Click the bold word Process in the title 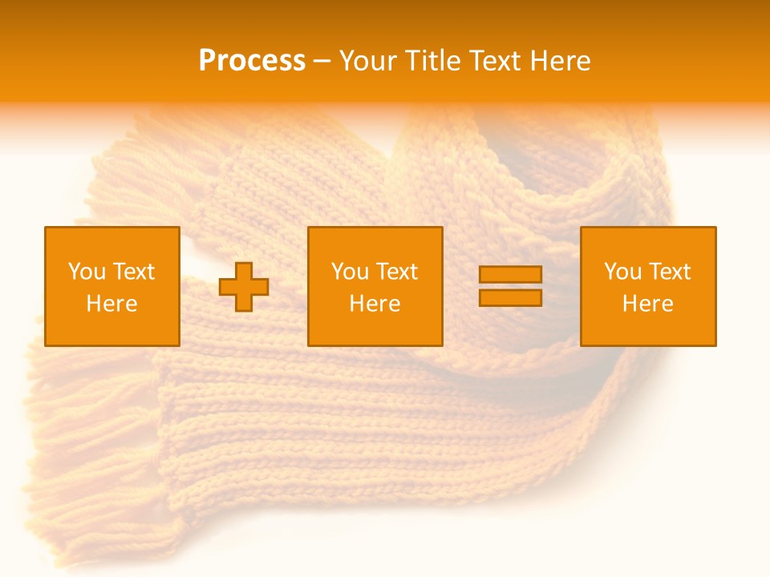(x=252, y=60)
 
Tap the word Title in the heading (x=435, y=61)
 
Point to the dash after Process (x=322, y=62)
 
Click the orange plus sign (x=244, y=287)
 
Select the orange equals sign (x=510, y=286)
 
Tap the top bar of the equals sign (x=510, y=275)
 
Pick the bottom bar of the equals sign (x=510, y=297)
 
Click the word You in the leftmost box (x=87, y=272)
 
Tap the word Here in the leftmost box (x=112, y=304)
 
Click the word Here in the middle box (x=375, y=304)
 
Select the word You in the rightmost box (x=622, y=272)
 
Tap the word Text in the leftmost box (x=132, y=272)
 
